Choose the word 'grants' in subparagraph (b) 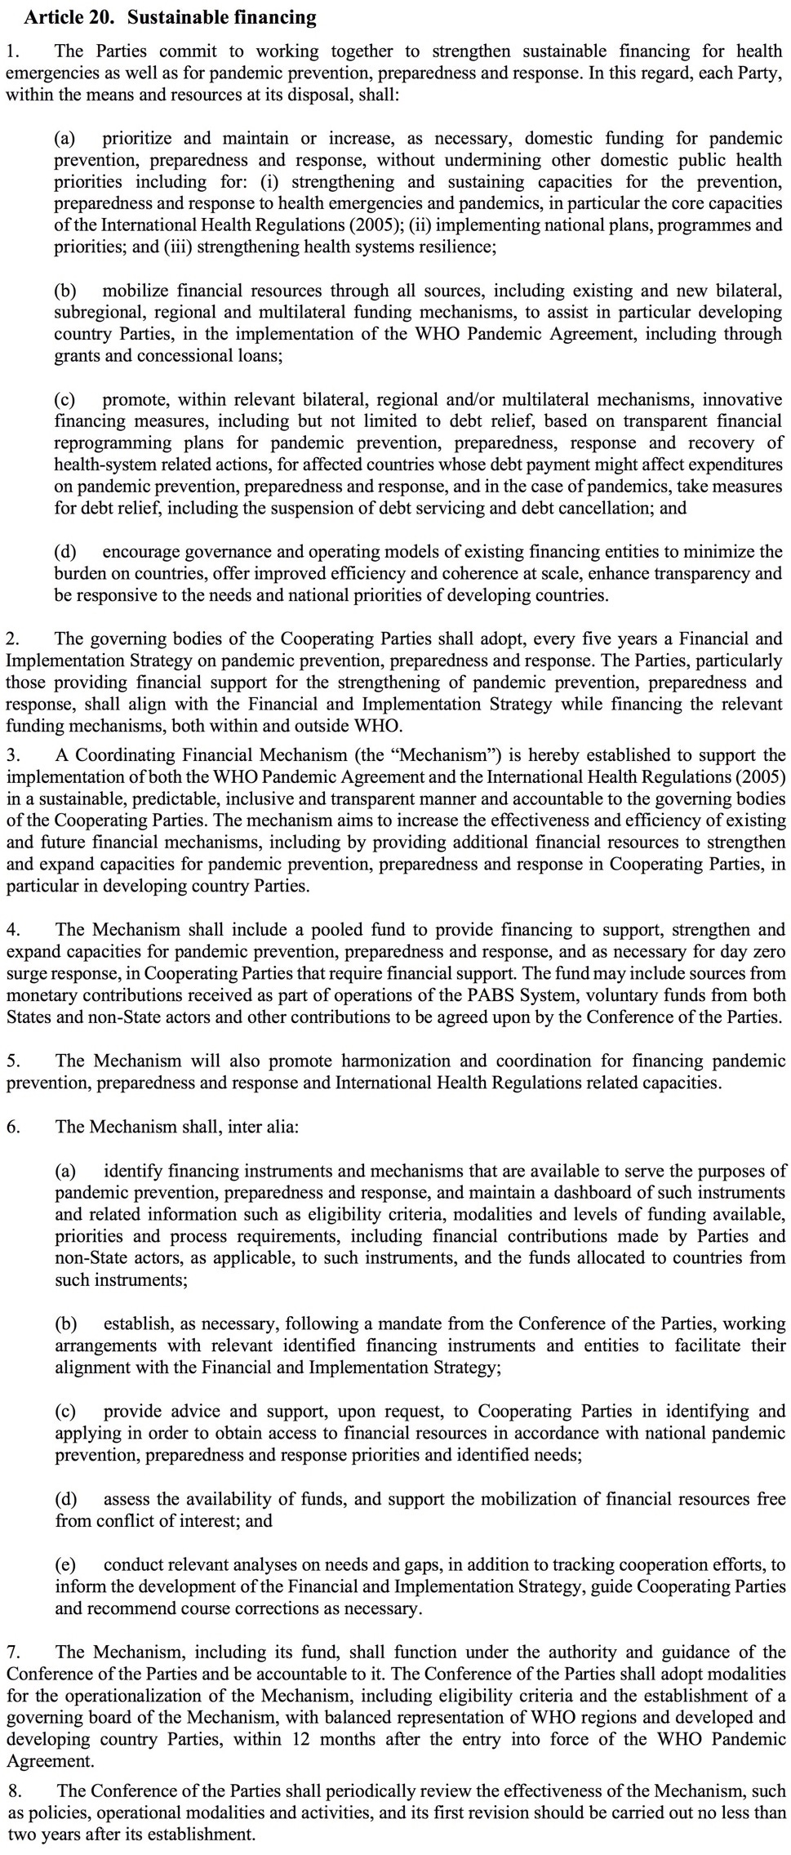77,356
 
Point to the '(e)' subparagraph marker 65,1565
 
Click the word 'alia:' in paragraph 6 282,1128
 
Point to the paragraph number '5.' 14,1061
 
